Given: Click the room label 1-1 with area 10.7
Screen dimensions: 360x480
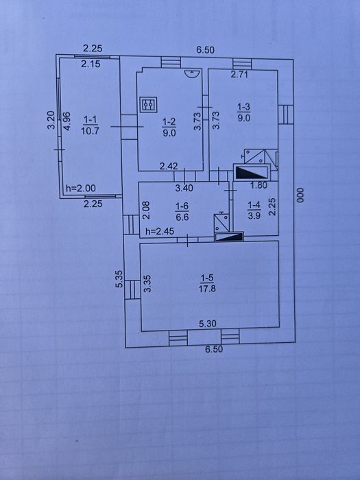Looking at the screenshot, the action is [x=90, y=125].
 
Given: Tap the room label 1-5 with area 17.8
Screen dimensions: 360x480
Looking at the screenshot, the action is [x=207, y=283].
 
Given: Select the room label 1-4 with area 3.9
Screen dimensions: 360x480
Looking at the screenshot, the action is [x=254, y=211].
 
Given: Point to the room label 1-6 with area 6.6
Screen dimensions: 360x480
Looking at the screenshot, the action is [x=182, y=212].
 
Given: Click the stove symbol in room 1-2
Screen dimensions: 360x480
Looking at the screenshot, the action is [x=149, y=105].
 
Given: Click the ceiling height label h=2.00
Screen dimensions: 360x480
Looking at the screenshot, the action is [x=81, y=189].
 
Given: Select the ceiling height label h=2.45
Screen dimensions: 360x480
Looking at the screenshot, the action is [x=160, y=231].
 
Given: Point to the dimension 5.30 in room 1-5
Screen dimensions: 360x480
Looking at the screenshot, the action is [x=208, y=324].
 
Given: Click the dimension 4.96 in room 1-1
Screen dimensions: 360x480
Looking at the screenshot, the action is [x=67, y=121].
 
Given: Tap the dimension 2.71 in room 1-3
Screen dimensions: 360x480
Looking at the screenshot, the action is [x=239, y=74].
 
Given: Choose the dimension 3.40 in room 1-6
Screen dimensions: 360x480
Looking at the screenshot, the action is [x=184, y=188].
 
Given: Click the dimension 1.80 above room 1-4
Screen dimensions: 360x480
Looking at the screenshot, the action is [x=259, y=185].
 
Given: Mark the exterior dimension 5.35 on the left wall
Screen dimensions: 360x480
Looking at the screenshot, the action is [x=119, y=278].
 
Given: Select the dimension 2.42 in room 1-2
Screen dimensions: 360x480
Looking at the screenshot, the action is [x=169, y=166].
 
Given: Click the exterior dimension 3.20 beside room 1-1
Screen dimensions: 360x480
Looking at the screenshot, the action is [x=51, y=120].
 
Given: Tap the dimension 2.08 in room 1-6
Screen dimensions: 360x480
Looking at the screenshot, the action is [x=147, y=210].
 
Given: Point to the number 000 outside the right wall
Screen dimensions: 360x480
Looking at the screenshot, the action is [x=300, y=195].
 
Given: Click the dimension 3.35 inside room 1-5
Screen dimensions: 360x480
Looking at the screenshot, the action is [x=147, y=283].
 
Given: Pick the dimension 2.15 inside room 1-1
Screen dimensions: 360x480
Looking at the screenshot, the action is [x=91, y=64].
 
